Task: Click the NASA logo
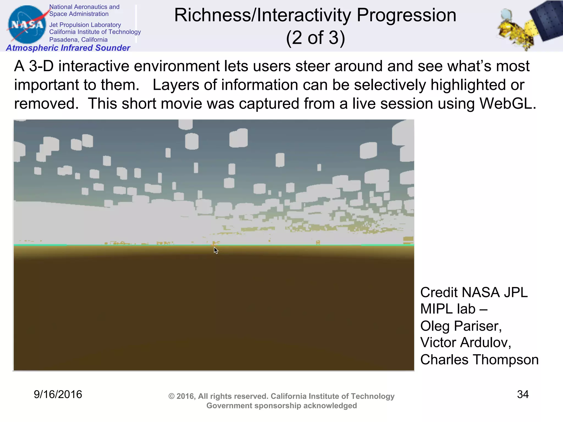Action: pos(27,24)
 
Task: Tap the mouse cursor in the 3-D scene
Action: pos(216,250)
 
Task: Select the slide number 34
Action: pos(523,394)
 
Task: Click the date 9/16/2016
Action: pos(58,394)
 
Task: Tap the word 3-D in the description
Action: pos(41,66)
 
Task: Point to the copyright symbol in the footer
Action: pos(171,396)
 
